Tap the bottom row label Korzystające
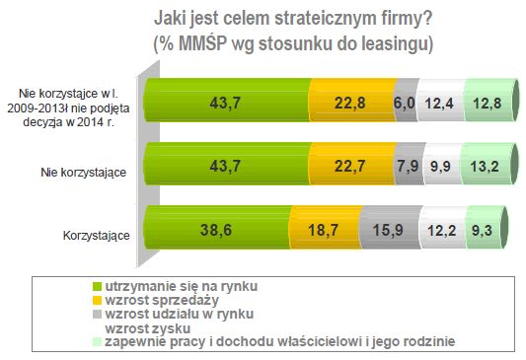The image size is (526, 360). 99,235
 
